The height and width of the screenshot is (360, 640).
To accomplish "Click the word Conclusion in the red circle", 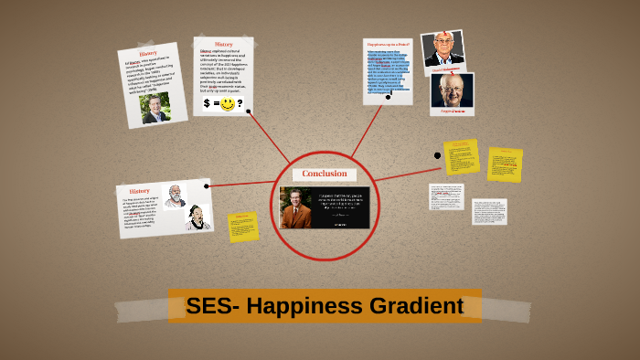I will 325,174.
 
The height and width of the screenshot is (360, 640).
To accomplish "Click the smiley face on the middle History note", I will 227,104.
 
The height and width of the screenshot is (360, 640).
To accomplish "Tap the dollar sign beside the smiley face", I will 208,104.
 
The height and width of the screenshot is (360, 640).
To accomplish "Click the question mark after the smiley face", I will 240,104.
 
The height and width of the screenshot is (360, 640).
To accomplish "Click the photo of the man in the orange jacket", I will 297,208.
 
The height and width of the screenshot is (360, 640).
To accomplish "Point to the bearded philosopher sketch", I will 173,196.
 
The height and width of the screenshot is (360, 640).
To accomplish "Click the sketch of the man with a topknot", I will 197,217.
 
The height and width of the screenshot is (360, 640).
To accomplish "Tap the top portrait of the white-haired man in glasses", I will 443,49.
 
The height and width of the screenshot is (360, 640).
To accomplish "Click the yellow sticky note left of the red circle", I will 243,227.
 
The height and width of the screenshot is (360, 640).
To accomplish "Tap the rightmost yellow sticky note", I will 505,164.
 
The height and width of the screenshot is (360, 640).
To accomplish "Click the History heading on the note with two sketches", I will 140,191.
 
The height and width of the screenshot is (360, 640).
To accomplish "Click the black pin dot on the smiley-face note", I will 248,112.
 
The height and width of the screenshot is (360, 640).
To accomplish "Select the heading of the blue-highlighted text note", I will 388,44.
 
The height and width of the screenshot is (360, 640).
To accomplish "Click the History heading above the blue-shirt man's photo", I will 147,53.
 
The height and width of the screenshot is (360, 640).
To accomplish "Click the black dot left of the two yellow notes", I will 437,155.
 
